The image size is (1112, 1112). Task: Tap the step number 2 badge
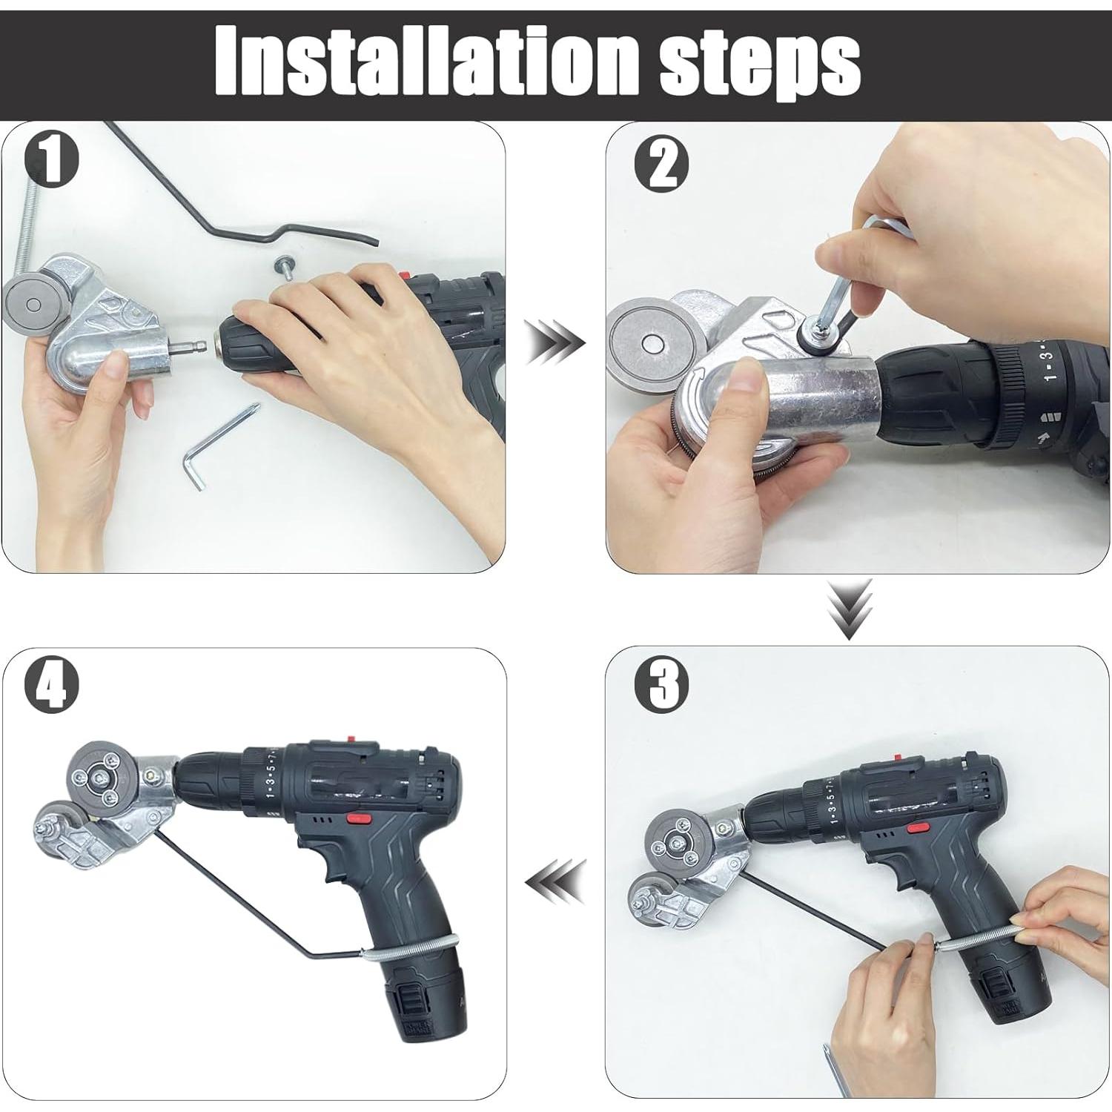point(662,165)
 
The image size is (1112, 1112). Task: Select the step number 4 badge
point(52,686)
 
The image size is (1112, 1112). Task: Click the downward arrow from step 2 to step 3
point(850,610)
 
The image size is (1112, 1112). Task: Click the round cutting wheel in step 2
point(652,343)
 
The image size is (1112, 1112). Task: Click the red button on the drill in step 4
point(359,819)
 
